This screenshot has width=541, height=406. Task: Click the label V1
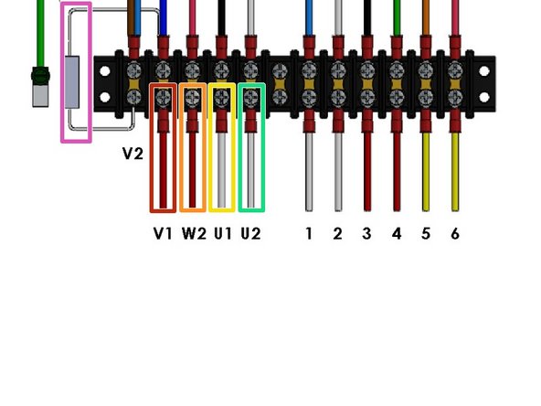click(163, 233)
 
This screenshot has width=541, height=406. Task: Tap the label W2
click(194, 233)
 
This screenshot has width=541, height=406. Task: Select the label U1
click(222, 233)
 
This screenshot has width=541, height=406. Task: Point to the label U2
click(250, 233)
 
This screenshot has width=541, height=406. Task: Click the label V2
click(133, 154)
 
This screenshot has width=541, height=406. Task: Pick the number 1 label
click(309, 233)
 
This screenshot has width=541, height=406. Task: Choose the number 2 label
click(338, 233)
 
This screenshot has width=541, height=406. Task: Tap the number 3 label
click(367, 233)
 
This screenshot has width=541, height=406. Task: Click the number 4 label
click(397, 233)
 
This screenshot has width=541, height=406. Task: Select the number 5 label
click(426, 233)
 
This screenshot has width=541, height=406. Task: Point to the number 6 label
click(455, 233)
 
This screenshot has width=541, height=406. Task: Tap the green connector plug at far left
click(39, 88)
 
